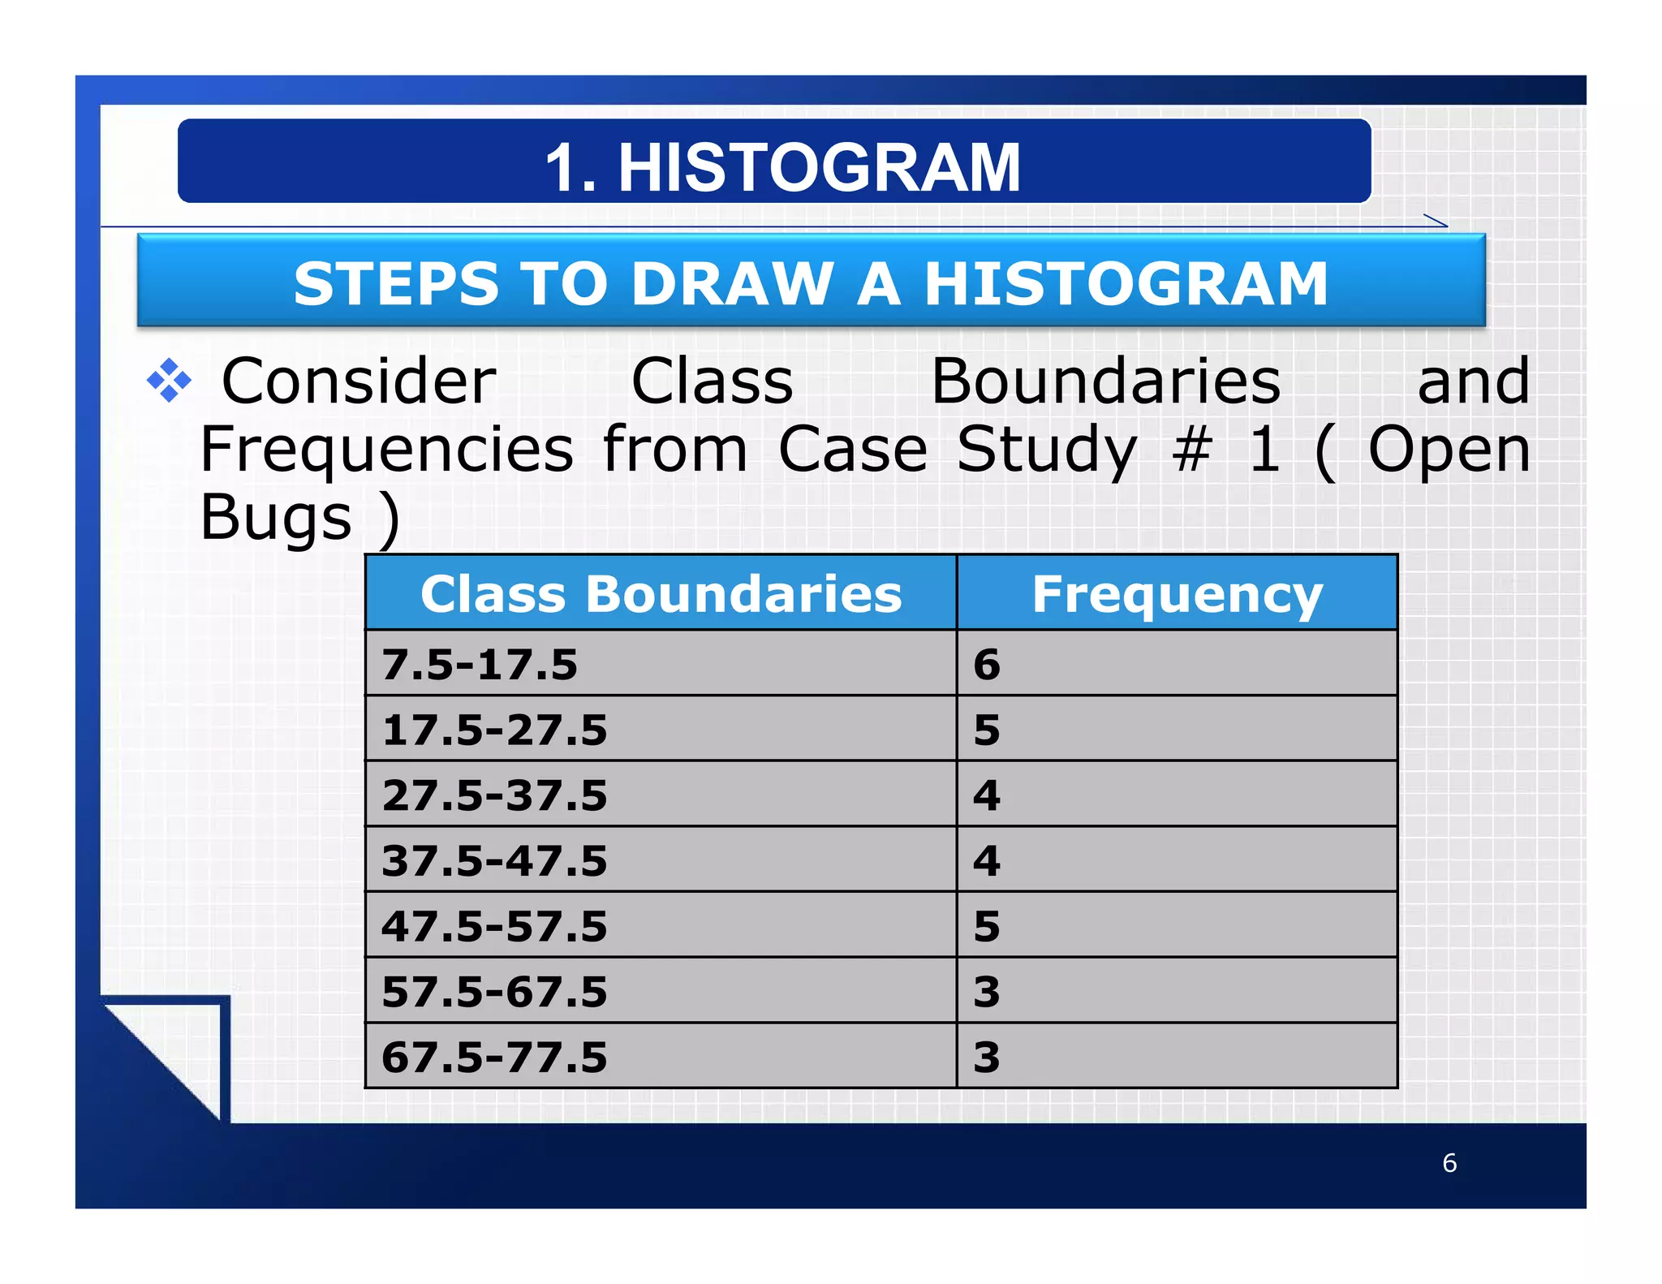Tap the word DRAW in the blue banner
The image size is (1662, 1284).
[x=733, y=284]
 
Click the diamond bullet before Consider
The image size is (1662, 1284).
[x=169, y=380]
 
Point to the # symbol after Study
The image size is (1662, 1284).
[x=1192, y=449]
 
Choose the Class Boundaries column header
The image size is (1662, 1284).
[x=661, y=593]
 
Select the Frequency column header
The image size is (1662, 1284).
[x=1177, y=593]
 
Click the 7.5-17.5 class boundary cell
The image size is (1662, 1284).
[x=480, y=664]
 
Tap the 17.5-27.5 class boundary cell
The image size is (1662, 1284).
[x=494, y=730]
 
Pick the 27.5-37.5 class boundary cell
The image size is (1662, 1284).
[x=494, y=795]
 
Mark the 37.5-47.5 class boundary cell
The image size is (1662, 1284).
[x=494, y=860]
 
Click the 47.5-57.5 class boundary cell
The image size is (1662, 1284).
[x=494, y=926]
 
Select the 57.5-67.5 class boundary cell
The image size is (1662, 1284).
[x=494, y=992]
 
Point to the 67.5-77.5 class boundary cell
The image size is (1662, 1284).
[x=494, y=1058]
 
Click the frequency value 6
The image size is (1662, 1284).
[x=987, y=664]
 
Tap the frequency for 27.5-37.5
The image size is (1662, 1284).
[x=987, y=795]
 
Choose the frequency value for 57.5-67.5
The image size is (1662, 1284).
[x=987, y=992]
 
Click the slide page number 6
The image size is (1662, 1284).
[x=1449, y=1163]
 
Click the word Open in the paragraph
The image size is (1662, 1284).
[x=1449, y=449]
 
